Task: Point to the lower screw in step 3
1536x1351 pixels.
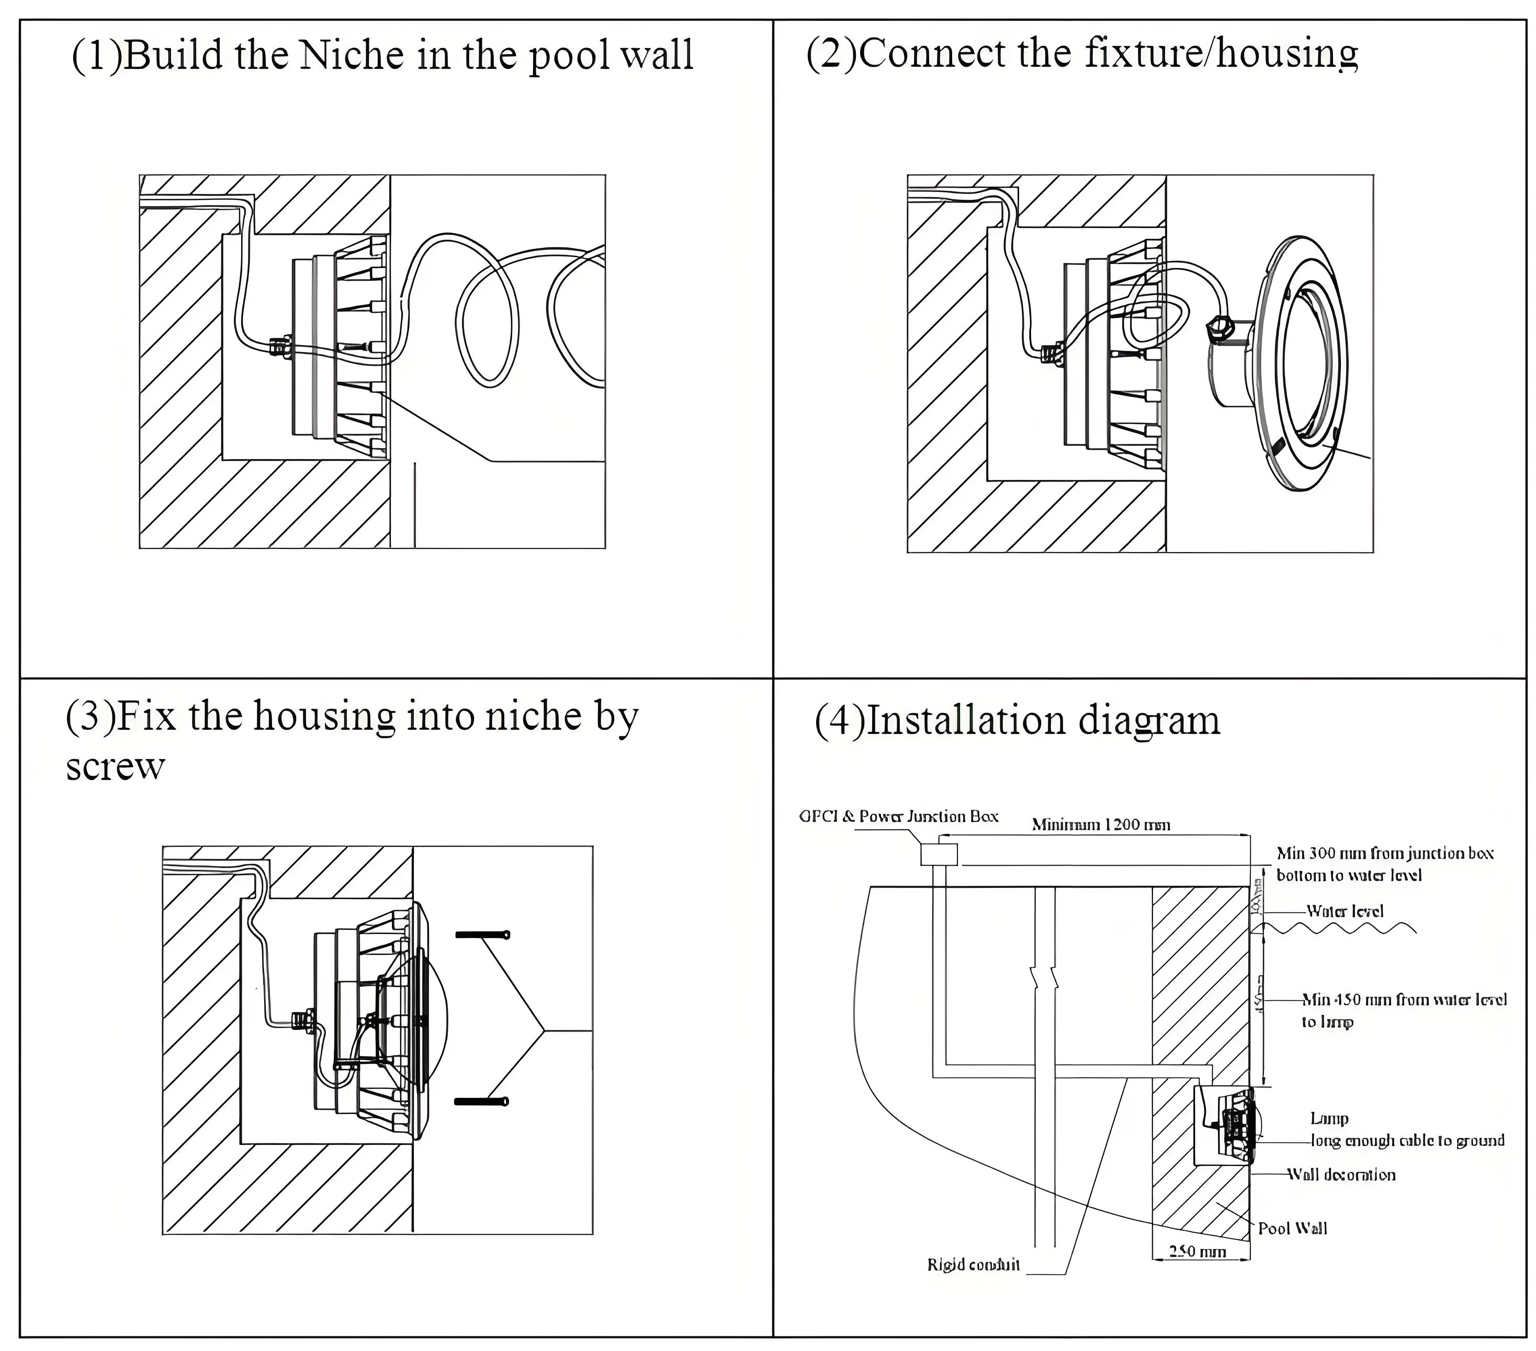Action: coord(481,1102)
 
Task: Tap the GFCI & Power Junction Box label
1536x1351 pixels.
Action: coord(898,816)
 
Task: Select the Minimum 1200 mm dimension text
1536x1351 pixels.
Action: coord(1100,825)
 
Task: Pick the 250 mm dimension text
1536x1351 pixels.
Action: coord(1198,1252)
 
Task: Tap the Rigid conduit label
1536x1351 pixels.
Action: coord(973,1265)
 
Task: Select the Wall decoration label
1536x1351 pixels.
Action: coord(1342,1174)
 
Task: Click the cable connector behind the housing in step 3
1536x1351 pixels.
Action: coord(303,1020)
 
